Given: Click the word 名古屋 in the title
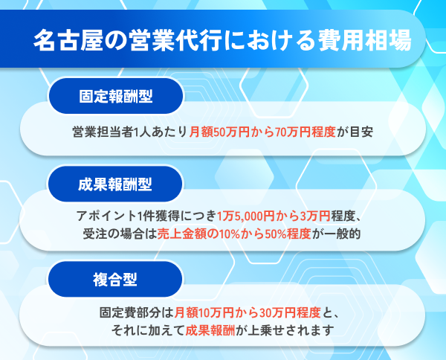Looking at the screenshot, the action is pos(68,40).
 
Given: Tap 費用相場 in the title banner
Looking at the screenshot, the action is pos(365,40).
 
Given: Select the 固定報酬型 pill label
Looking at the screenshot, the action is pos(116,96).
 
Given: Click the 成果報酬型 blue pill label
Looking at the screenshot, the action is pos(115,184).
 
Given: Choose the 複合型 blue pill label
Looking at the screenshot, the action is pos(115,280).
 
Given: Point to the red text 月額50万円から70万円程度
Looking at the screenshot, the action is pos(262,132).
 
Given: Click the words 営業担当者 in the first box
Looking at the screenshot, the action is pos(103,132).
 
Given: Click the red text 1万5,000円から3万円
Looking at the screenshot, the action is pos(274,216).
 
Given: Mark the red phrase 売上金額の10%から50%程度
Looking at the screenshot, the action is pos(234,234).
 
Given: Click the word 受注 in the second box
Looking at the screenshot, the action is pos(95,234).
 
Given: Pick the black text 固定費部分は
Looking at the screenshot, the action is pos(137,312).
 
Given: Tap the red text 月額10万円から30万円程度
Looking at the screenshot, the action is pos(248,312).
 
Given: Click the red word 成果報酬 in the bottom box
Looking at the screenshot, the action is pos(210,330).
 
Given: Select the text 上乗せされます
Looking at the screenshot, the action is pos(291,330).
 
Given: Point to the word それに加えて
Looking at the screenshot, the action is pos(148,330).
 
